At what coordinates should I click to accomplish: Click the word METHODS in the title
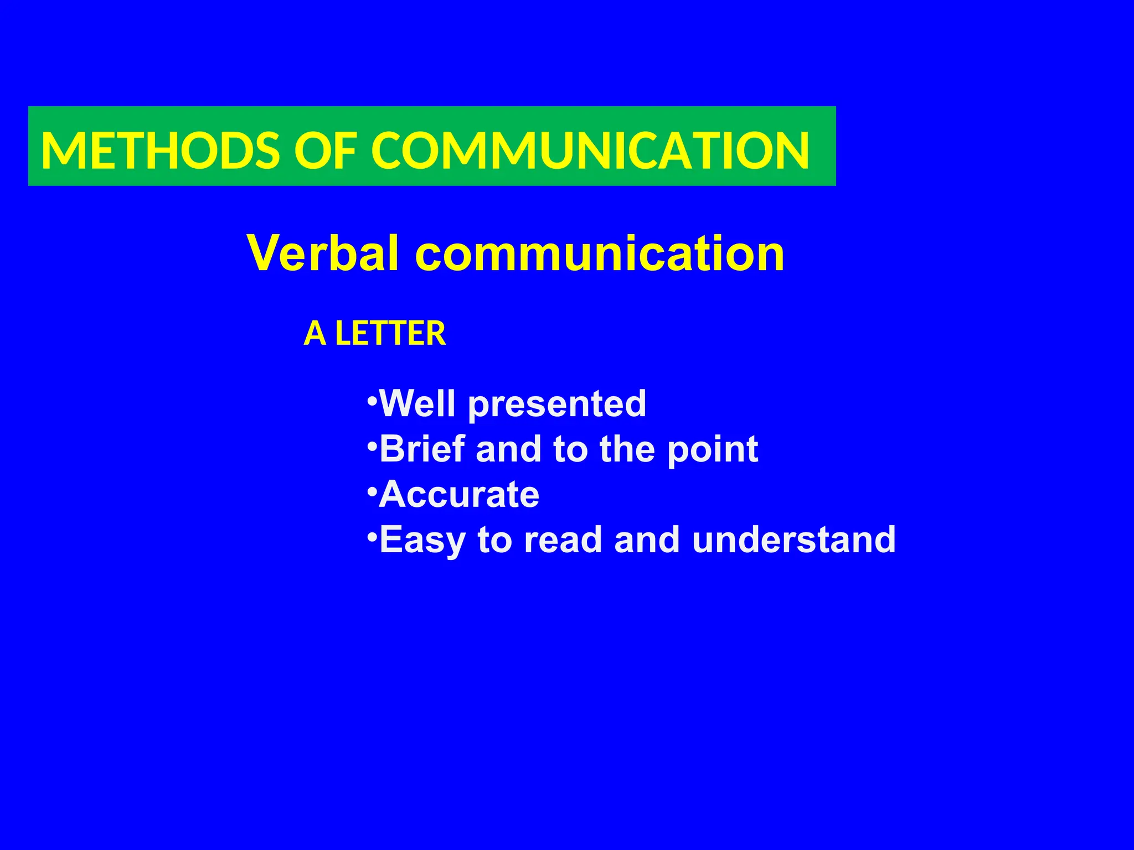coord(161,151)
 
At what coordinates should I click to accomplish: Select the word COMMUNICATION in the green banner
coord(590,151)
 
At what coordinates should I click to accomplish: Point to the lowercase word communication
coord(600,253)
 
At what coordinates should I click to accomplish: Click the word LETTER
coord(390,334)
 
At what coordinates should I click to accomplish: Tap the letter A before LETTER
coord(315,334)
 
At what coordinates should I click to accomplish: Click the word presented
coord(557,405)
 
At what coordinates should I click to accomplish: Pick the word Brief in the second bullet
coord(422,449)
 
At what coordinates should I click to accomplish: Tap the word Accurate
coord(459,494)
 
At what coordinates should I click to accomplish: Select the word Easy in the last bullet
coord(422,541)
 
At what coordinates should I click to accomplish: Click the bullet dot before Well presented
coord(373,399)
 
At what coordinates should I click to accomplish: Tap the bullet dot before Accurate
coord(373,490)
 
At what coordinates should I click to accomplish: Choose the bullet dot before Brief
coord(373,444)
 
